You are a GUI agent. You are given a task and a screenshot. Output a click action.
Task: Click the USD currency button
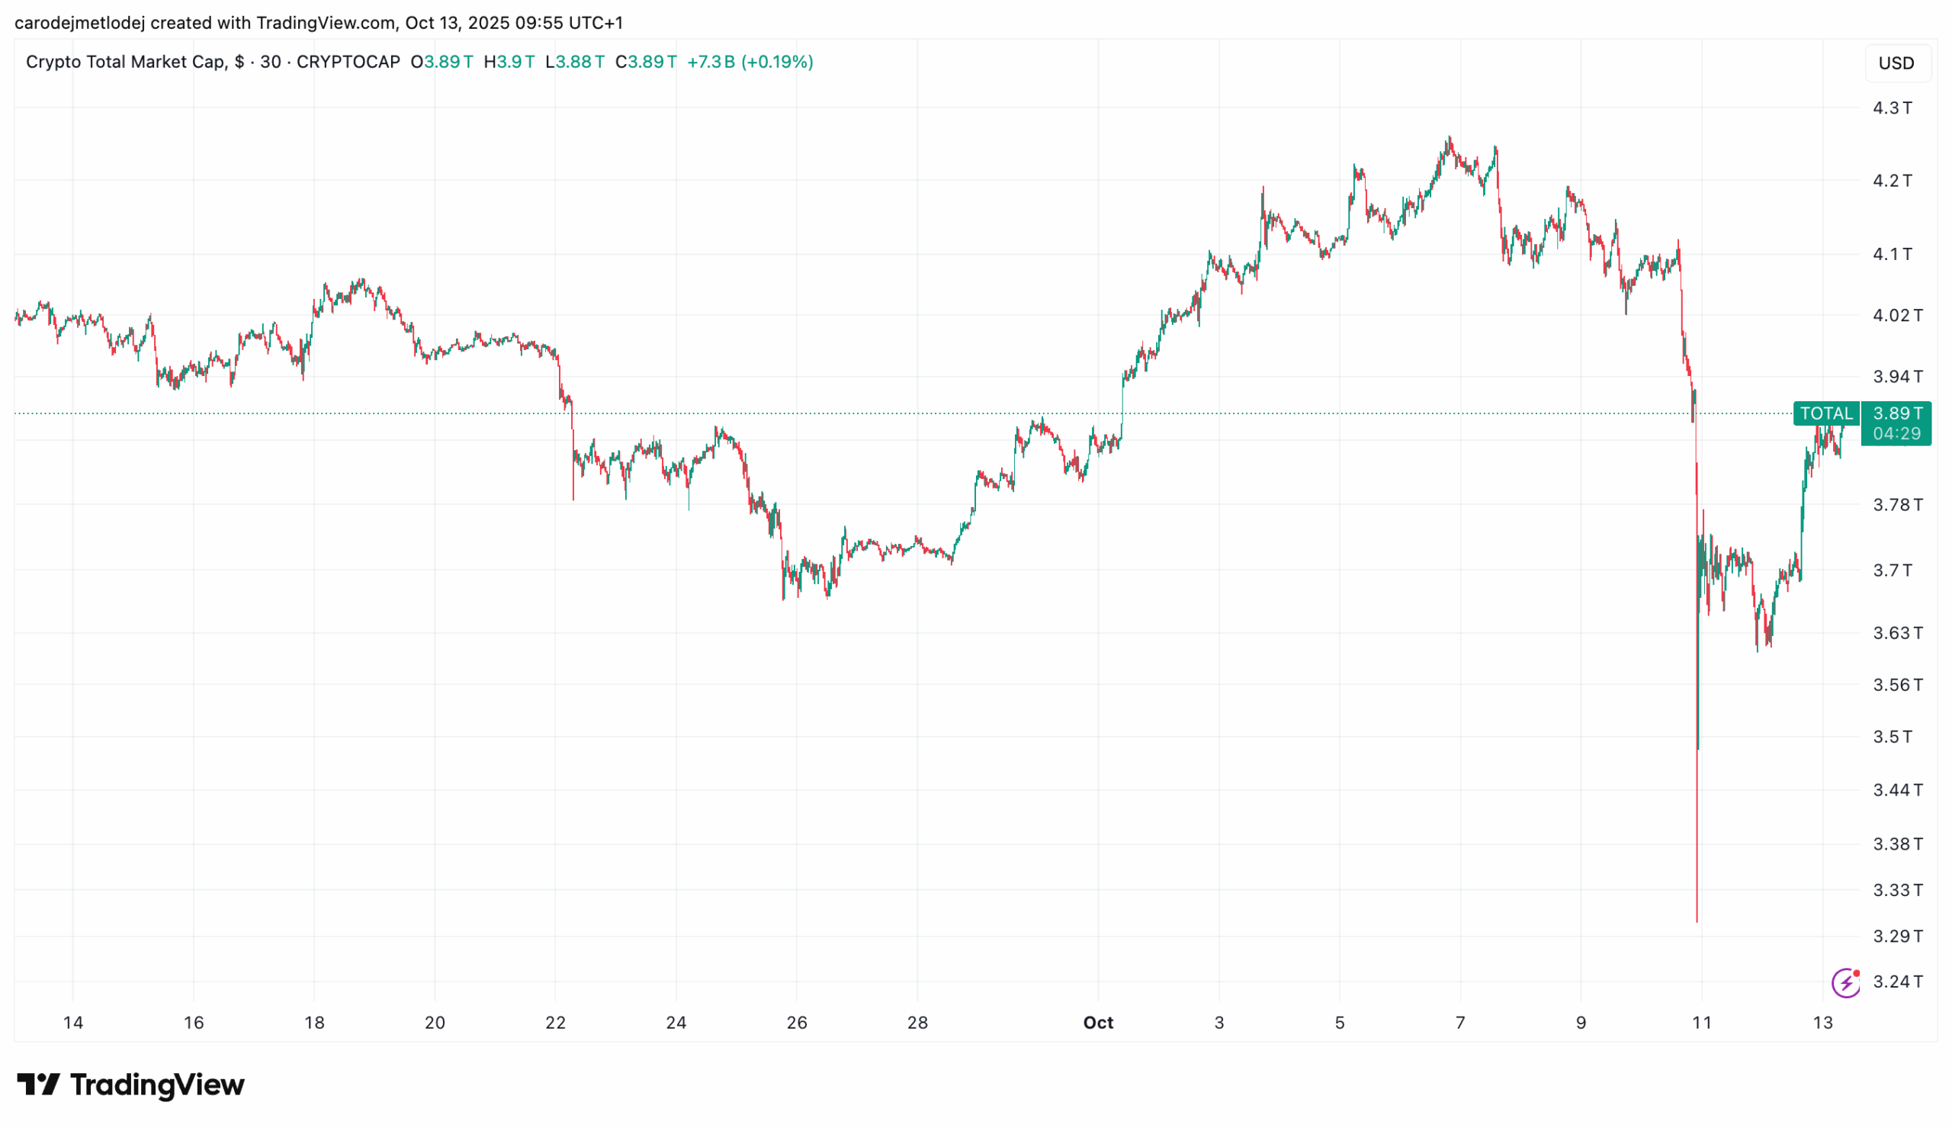tap(1896, 63)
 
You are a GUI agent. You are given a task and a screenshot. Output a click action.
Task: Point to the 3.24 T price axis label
tap(1897, 982)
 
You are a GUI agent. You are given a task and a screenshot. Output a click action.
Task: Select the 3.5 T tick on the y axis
tap(1892, 736)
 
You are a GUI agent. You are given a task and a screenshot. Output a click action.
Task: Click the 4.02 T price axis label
tap(1897, 315)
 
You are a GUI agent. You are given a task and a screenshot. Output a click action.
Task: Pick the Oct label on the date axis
tap(1098, 1023)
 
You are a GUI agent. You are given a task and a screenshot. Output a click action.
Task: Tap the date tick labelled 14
tap(72, 1023)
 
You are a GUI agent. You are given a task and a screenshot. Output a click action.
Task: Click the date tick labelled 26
tap(797, 1023)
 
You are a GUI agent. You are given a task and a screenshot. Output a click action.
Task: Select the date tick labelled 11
tap(1701, 1023)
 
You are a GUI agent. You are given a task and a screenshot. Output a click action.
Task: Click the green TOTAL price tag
tap(1825, 413)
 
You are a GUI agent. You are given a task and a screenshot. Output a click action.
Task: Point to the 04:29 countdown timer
tap(1896, 434)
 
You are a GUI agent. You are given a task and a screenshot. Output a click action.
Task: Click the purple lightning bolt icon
tap(1846, 983)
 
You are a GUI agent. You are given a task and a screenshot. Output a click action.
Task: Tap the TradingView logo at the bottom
tap(131, 1085)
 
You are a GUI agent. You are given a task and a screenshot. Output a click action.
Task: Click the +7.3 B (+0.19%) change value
tap(750, 62)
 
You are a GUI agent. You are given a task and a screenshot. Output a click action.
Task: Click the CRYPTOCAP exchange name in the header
tap(348, 62)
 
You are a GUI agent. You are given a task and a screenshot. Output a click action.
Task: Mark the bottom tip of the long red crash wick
tap(1697, 922)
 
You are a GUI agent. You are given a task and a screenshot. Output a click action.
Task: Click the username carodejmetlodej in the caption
tap(80, 23)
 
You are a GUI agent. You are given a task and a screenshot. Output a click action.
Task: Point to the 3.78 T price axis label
tap(1897, 505)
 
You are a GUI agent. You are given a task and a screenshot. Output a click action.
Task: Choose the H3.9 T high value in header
tap(509, 62)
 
